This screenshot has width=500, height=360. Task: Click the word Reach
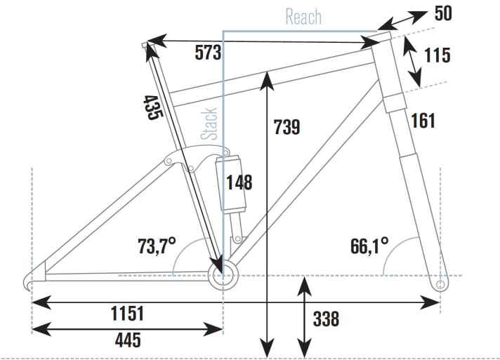click(303, 17)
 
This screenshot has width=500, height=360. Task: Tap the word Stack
click(209, 124)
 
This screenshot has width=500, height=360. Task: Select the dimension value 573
click(209, 52)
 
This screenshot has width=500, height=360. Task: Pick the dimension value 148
click(239, 182)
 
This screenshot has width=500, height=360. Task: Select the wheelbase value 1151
click(126, 312)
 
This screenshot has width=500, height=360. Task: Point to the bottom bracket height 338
click(325, 320)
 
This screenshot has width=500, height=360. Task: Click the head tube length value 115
click(437, 55)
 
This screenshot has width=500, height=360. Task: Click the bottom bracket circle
click(223, 272)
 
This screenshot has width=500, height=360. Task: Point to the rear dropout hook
click(27, 281)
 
